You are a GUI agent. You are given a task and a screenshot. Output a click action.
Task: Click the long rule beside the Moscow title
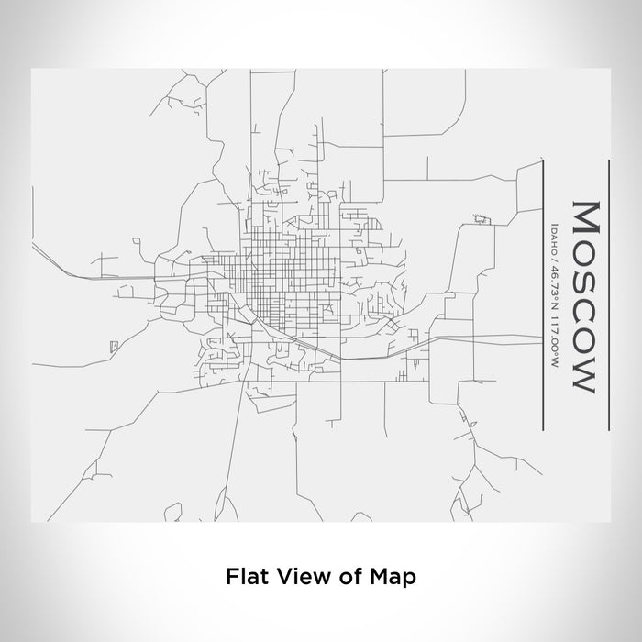(609, 293)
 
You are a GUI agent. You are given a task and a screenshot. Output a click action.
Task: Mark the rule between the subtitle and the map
(545, 293)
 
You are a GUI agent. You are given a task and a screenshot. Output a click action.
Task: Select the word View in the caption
(295, 577)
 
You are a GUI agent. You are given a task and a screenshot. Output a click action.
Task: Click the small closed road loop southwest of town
(114, 346)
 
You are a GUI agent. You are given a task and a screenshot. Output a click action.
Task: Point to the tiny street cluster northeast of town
(480, 218)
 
